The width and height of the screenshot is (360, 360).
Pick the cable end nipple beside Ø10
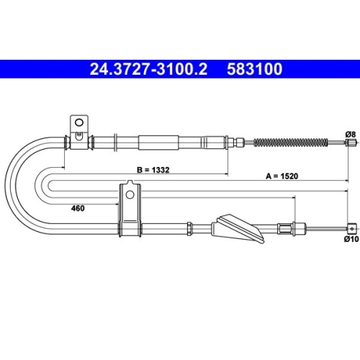tap(351, 228)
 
